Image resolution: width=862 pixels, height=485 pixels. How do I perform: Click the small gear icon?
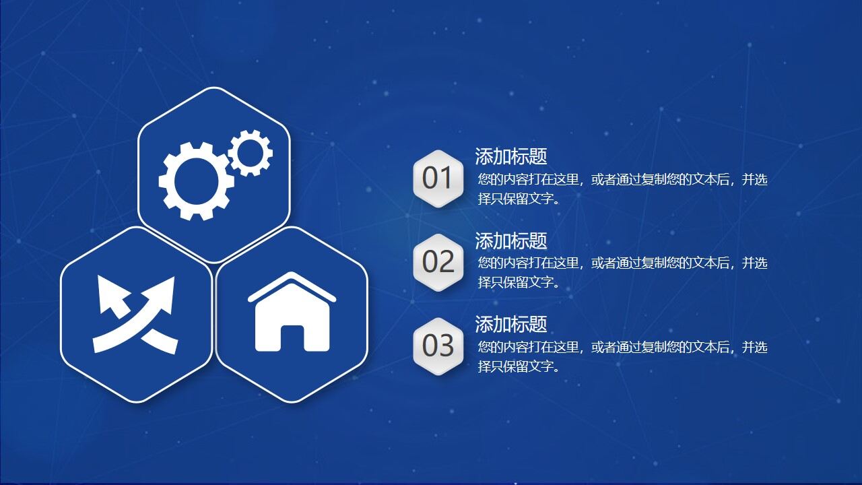point(250,153)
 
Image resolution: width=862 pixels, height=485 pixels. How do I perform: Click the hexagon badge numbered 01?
point(438,179)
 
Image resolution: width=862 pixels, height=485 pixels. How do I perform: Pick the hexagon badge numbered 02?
point(438,262)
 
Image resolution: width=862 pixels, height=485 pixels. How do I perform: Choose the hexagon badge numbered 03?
point(438,346)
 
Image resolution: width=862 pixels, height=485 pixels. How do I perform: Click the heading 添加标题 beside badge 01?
point(510,156)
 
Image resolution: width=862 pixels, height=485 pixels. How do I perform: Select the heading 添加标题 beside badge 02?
point(510,240)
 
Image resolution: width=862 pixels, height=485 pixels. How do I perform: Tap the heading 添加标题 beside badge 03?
point(510,324)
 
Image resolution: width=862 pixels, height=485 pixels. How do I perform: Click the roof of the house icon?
point(292,286)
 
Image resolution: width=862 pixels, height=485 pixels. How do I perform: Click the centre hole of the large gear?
point(196,181)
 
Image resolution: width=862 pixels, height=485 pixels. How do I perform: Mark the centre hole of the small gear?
point(250,153)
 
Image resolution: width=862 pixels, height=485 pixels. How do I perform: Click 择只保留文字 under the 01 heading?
point(519,199)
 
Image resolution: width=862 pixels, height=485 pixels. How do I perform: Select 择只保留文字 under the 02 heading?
point(519,282)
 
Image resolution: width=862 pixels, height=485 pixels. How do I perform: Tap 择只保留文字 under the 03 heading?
point(519,366)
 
